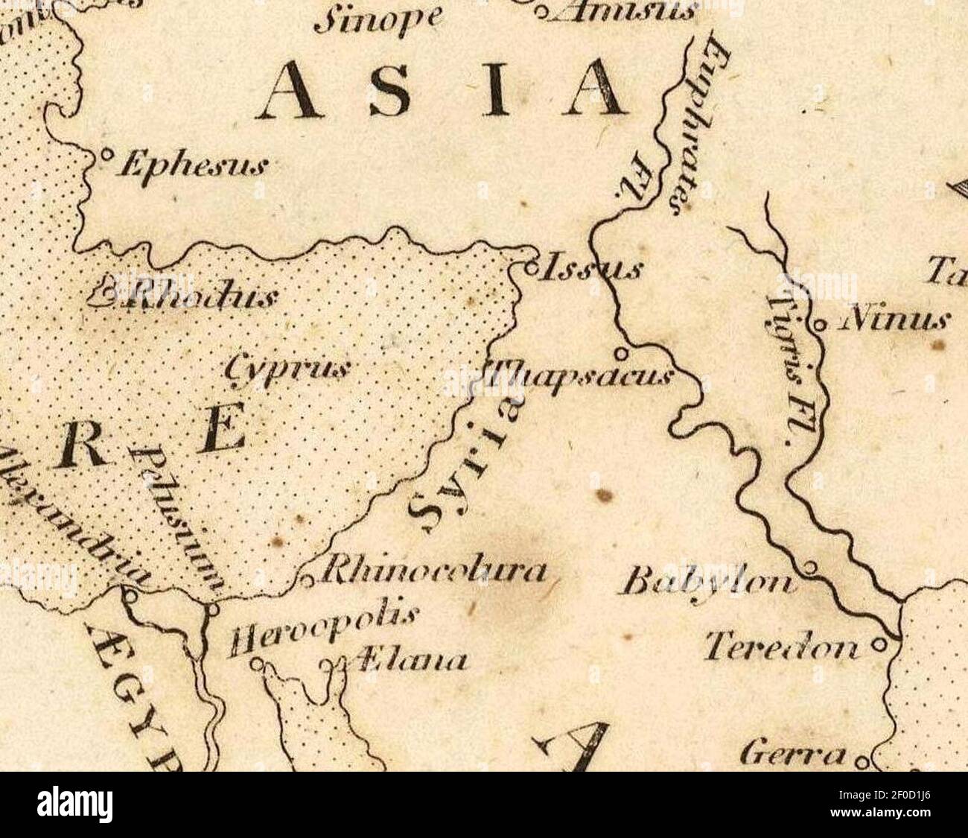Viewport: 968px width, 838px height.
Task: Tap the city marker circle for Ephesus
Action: coord(106,155)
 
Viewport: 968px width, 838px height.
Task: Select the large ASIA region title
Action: coord(444,91)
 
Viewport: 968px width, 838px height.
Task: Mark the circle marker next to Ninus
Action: coord(818,325)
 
